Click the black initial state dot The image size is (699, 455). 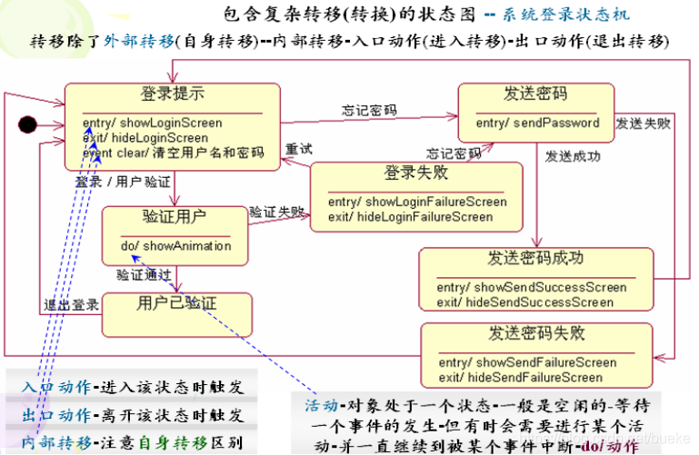point(26,123)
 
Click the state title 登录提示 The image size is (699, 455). point(172,94)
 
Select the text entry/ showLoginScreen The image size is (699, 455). point(152,123)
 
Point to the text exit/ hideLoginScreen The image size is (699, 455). point(145,137)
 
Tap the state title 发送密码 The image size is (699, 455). point(535,94)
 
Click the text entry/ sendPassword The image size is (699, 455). point(537,123)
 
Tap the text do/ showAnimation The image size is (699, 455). point(175,245)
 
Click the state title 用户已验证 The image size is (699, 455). point(176,302)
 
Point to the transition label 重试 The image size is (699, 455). point(299,148)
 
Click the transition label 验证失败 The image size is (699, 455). point(277,211)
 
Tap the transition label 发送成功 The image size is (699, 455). point(573,156)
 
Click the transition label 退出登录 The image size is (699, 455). point(72,304)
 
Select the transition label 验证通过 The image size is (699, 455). point(144,273)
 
